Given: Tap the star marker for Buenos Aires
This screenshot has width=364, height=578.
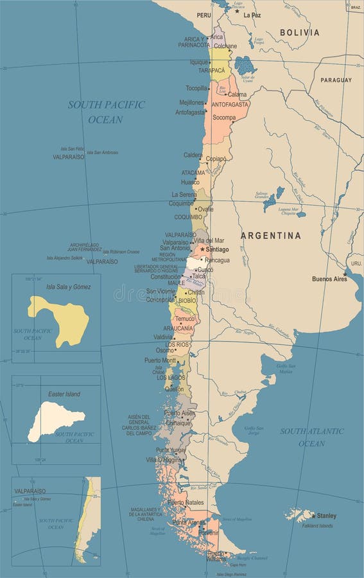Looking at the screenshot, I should pos(345,274).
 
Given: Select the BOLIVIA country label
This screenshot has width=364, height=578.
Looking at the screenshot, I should pos(299,32).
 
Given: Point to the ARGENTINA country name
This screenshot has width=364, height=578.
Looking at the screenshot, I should pos(270,236).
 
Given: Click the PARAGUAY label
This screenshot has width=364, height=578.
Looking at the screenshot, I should pos(336,80).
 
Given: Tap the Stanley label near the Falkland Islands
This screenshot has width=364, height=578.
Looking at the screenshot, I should pos(326,516).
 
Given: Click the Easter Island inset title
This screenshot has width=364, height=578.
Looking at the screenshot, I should pos(64,394).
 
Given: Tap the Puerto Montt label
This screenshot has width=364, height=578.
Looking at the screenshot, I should pos(160,360).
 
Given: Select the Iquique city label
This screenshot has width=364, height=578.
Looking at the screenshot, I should pos(199,62).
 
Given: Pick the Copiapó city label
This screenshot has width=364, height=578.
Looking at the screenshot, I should pos(216,158).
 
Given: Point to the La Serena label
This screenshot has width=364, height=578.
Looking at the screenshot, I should pos(184,194).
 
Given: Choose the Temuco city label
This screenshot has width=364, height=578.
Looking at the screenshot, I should pos(184,319).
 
